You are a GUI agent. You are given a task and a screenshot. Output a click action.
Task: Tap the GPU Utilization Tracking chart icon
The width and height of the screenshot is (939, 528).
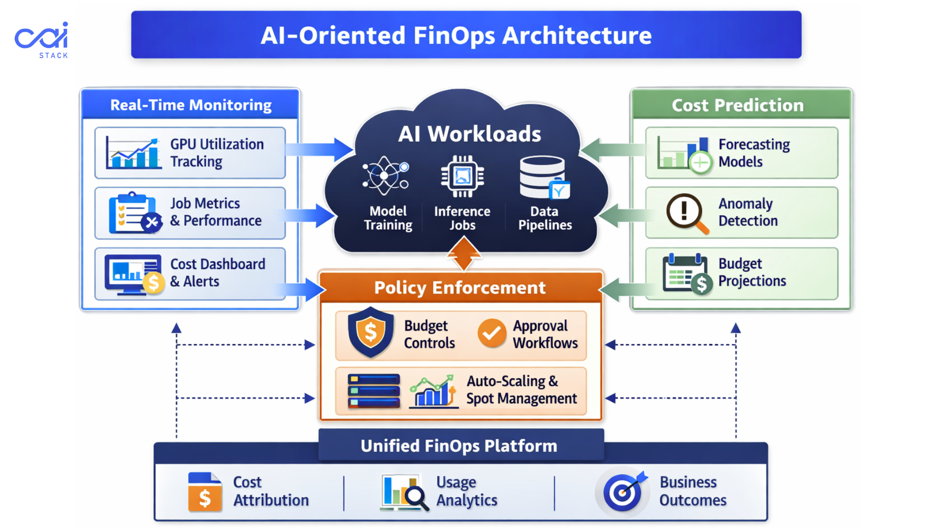(x=133, y=153)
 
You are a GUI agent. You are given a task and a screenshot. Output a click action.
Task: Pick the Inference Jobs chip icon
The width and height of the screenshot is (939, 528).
(x=462, y=176)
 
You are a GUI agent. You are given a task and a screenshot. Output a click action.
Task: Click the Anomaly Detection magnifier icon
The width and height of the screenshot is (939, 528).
(x=687, y=213)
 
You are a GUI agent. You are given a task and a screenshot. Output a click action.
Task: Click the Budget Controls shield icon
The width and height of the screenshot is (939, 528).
(x=371, y=332)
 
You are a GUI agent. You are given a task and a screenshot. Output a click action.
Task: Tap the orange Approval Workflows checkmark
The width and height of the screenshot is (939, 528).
(x=492, y=333)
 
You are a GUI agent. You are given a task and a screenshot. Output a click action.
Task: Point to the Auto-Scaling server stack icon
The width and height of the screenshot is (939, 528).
(x=374, y=391)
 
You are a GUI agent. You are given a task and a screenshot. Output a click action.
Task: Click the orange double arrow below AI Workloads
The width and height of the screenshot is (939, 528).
(x=464, y=253)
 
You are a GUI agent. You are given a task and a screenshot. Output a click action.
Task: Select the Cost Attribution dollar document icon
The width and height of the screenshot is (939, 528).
(x=204, y=492)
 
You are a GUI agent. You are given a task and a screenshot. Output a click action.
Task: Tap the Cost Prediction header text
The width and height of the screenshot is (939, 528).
(x=738, y=105)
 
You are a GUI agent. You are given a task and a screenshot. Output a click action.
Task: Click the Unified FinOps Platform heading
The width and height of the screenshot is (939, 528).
(x=459, y=446)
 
